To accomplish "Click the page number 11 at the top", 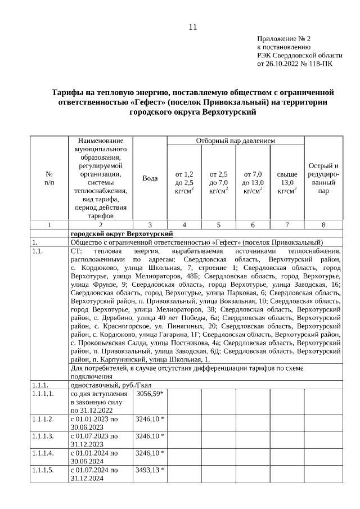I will point(193,26).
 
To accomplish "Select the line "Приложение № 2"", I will point(283,39).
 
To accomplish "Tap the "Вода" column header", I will point(150,178).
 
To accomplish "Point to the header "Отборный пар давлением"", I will point(235,141).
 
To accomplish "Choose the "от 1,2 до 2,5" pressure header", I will point(184,183).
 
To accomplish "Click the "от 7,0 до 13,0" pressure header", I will point(253,183).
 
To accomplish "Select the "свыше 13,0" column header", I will point(287,183).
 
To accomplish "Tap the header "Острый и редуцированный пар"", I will point(323,178).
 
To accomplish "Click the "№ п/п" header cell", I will point(49,178).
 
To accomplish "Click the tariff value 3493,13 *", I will point(150,470).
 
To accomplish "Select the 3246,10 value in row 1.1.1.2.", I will point(150,419).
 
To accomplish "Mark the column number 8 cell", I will point(323,225).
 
